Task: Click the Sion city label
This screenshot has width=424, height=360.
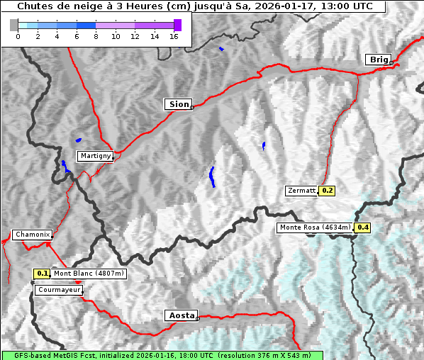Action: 179,104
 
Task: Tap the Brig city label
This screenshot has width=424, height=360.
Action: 377,60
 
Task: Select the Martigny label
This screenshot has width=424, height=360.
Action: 95,155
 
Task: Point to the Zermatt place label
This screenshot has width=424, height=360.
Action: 301,191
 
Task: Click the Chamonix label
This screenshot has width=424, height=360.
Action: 32,235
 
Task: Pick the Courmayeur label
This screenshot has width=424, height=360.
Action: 59,290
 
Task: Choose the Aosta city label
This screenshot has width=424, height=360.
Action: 180,315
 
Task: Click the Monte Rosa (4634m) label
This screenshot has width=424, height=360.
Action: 315,227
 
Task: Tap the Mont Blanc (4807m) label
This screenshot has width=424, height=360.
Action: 89,274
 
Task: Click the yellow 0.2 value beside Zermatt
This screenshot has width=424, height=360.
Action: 327,191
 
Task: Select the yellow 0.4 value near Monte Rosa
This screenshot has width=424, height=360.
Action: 362,227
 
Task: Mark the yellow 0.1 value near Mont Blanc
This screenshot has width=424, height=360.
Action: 42,274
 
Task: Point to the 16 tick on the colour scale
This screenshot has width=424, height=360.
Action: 174,37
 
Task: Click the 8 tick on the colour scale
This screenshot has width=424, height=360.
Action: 96,37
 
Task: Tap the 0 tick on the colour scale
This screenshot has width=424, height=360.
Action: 18,37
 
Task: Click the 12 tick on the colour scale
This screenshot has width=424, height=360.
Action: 135,37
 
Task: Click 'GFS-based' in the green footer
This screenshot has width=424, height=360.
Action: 21,355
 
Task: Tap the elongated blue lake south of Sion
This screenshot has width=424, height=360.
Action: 212,176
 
